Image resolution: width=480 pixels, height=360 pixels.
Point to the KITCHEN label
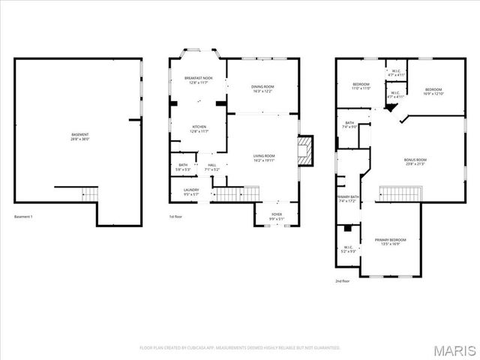(x=199, y=129)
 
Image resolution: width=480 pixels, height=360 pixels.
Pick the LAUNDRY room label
(x=192, y=191)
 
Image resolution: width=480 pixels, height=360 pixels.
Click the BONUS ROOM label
(x=415, y=161)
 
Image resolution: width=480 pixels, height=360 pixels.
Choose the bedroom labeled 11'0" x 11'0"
(x=361, y=86)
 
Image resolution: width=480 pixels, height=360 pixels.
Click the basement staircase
(x=89, y=194)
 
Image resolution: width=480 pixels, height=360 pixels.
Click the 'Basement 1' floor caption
(x=23, y=217)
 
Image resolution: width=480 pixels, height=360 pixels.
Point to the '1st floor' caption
(x=176, y=217)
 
